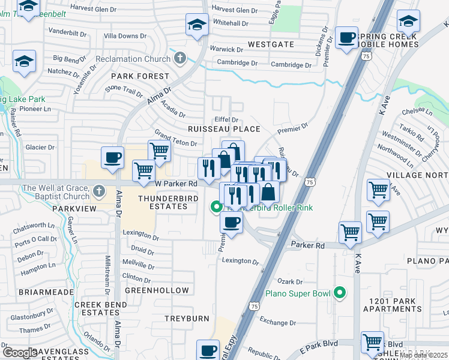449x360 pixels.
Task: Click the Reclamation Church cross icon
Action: coord(179,59)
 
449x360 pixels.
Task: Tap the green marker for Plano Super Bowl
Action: coord(340,293)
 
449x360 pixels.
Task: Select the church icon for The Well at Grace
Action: coord(100,192)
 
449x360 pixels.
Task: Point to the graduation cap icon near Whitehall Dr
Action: coord(196,25)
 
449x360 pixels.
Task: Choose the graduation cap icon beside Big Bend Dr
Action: coord(25,61)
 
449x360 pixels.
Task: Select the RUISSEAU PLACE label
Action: coord(224,129)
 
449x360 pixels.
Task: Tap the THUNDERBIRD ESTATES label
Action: coord(163,202)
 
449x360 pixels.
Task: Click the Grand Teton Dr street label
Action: coord(176,139)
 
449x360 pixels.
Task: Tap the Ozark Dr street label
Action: coord(289,281)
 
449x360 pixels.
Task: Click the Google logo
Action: coord(20,353)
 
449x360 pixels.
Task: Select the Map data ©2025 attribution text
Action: coord(423,355)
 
